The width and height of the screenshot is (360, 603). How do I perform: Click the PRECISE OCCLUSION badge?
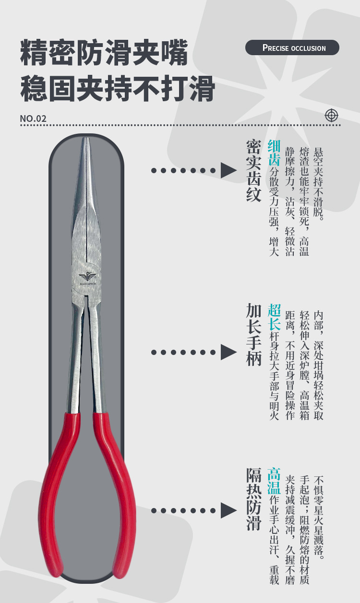coord(292,47)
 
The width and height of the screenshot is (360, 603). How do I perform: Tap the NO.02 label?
coord(33,118)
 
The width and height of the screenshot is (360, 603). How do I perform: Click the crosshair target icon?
coord(331,115)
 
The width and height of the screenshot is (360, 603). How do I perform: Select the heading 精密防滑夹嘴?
coord(104,52)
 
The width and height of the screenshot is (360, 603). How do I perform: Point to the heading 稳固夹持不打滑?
coord(118,89)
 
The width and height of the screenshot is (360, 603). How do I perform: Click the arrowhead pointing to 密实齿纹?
coord(228,170)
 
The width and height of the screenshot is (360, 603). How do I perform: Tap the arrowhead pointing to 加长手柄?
coord(228,352)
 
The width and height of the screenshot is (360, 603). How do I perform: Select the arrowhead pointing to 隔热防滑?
coord(228,510)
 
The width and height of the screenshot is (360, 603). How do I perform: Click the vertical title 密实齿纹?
coord(253,171)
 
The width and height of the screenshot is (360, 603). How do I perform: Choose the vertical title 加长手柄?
coord(253,335)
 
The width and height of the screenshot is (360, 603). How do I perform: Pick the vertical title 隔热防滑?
coord(253,499)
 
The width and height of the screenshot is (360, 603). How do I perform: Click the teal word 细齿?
coord(274,153)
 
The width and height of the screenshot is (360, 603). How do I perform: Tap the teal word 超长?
coord(274,317)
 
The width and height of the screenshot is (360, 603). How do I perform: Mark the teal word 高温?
coord(274,481)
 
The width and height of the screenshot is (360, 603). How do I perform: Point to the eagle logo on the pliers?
coord(87,276)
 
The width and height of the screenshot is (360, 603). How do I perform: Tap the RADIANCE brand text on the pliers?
coord(88,284)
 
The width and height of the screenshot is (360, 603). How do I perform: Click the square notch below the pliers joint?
coord(86,300)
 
